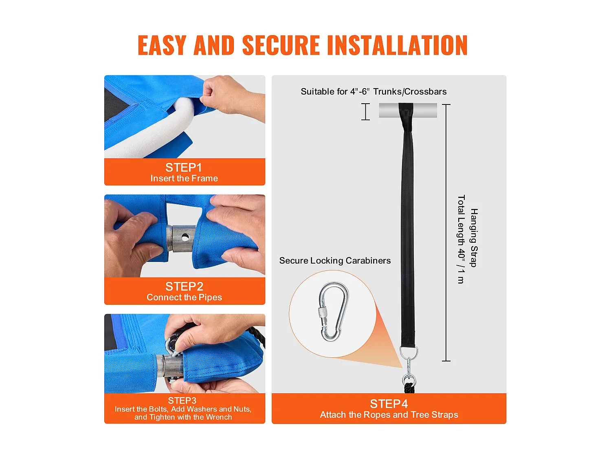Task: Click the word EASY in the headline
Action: [x=162, y=45]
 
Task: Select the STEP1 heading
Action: [x=183, y=168]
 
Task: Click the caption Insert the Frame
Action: [x=184, y=178]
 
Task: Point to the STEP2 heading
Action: [x=184, y=286]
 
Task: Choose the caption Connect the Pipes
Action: [x=184, y=297]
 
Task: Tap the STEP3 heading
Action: [x=182, y=401]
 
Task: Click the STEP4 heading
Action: [x=389, y=404]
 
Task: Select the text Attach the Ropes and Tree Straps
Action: [x=389, y=415]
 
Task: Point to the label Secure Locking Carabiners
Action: [x=335, y=261]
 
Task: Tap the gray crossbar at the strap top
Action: [x=408, y=110]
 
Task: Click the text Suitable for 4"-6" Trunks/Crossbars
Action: [x=374, y=91]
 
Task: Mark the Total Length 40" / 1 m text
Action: [x=461, y=239]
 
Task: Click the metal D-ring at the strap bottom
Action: [x=409, y=352]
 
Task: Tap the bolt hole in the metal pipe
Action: [x=185, y=237]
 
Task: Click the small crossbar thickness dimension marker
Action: [x=365, y=111]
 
